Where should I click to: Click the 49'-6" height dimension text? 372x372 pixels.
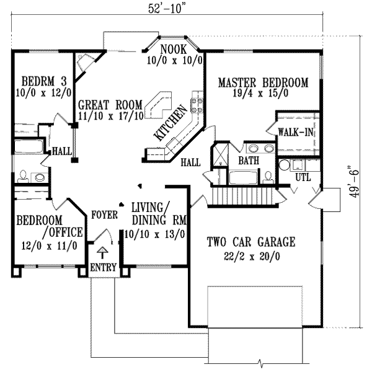(354, 180)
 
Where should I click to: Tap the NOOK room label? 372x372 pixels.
(172, 49)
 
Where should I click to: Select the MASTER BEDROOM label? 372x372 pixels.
(263, 82)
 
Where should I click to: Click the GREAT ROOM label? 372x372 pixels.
(110, 104)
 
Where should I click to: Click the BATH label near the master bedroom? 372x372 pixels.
(249, 161)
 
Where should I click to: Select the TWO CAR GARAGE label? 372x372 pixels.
(250, 242)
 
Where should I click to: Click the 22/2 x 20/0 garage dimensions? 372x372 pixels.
(250, 255)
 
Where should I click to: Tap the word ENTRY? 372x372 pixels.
(102, 267)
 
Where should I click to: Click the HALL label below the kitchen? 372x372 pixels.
(190, 162)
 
